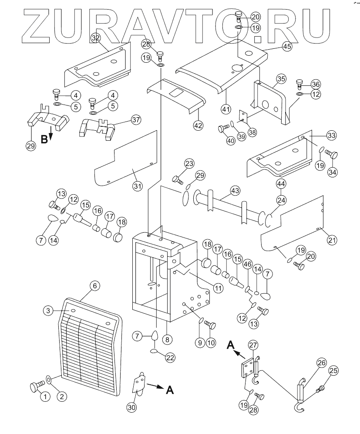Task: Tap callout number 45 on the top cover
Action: [x=286, y=47]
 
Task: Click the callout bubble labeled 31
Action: [x=138, y=186]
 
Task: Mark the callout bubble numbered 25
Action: [x=333, y=371]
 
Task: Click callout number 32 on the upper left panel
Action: [x=96, y=38]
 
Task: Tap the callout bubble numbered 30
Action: [x=131, y=407]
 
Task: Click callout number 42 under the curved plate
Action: [x=199, y=125]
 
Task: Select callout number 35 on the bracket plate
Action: [x=281, y=79]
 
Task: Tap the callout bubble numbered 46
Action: [x=248, y=264]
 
